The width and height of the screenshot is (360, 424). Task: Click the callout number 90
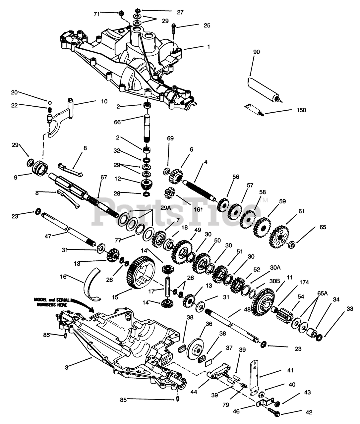(x=257, y=52)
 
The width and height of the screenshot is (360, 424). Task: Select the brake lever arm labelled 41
(x=254, y=377)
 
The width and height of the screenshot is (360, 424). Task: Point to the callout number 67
(x=104, y=177)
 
